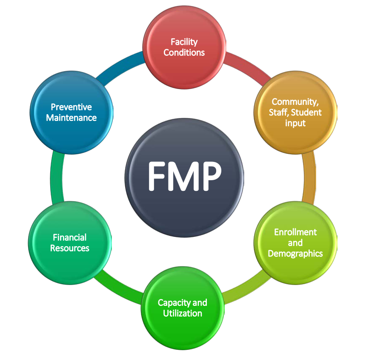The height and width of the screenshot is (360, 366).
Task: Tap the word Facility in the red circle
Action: point(184,42)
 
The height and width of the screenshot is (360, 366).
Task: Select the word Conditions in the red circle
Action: point(184,52)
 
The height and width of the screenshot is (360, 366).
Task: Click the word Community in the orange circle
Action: point(294,102)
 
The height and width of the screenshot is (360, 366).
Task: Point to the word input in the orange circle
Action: point(295,123)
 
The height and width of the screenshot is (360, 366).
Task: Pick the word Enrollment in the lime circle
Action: point(295,232)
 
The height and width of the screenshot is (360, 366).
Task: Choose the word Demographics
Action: point(295,253)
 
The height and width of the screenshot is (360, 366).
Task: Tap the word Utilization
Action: point(182,313)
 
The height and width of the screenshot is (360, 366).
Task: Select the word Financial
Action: point(69,237)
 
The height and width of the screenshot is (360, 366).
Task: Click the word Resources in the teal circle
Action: point(69,248)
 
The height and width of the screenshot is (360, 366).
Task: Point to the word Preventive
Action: point(71,107)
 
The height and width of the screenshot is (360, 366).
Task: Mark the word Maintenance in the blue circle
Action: point(71,118)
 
